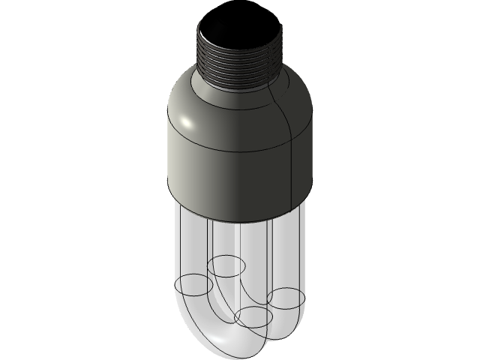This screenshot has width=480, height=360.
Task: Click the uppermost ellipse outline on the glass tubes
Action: pos(227,264)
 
